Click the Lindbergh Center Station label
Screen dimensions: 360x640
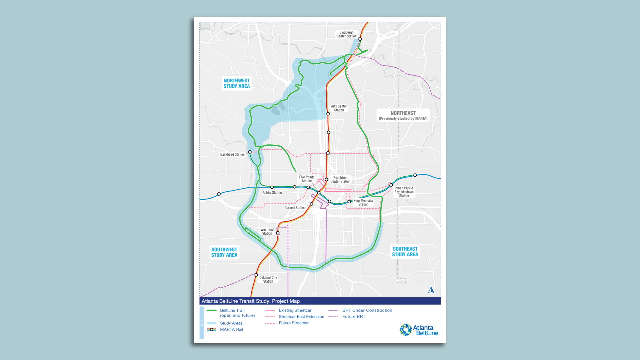[346, 34]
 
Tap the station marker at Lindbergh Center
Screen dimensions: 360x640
[360, 39]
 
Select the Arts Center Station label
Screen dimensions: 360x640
[339, 108]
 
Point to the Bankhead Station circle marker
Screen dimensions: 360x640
[250, 152]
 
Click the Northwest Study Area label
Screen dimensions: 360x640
[237, 83]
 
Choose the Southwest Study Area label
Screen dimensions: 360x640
[224, 252]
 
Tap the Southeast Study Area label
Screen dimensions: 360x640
[405, 252]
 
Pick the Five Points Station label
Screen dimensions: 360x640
[307, 179]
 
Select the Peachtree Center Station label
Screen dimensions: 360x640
[340, 180]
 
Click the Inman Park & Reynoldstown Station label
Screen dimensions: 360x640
[404, 192]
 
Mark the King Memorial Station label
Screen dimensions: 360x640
[363, 202]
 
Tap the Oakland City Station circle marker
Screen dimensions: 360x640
[256, 275]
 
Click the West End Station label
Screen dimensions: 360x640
[267, 231]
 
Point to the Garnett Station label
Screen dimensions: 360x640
[295, 208]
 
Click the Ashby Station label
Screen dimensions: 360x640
[272, 193]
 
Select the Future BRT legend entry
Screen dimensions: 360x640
[354, 317]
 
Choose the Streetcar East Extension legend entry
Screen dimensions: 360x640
[301, 317]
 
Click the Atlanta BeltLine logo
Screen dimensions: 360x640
[419, 330]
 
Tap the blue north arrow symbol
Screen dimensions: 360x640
[431, 290]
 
